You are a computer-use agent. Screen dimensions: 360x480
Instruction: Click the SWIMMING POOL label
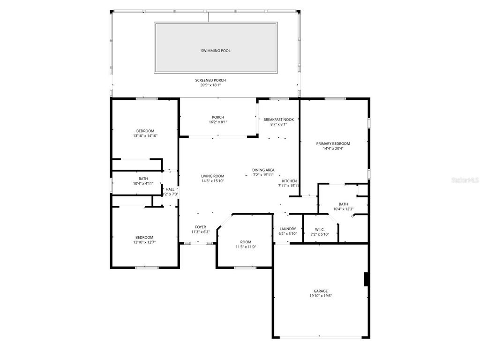(x=216, y=51)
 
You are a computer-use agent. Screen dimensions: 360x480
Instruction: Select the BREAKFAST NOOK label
(x=278, y=120)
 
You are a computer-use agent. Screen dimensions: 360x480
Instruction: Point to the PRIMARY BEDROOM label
(x=333, y=144)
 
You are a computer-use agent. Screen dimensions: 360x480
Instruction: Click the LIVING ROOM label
(x=213, y=176)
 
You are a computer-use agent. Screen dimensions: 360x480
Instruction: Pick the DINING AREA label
(x=263, y=170)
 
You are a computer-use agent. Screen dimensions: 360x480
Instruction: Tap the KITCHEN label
(x=289, y=181)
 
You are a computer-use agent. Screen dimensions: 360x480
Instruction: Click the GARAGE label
(x=321, y=291)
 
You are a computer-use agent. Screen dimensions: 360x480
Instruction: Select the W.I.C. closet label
(x=320, y=230)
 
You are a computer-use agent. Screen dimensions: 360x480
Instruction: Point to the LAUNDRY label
(x=287, y=229)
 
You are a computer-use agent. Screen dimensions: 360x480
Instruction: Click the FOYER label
(x=200, y=227)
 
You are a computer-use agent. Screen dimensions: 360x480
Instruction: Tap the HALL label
(x=170, y=189)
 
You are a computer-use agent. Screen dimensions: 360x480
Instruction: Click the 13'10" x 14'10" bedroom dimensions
(x=145, y=136)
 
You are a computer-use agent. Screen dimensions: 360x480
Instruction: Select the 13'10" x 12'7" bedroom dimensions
(x=145, y=242)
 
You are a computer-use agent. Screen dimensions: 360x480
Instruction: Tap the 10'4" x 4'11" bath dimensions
(x=143, y=183)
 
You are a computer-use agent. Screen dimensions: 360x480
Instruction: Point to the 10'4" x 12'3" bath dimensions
(x=343, y=209)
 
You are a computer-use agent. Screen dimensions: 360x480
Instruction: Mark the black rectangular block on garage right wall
(x=367, y=279)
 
